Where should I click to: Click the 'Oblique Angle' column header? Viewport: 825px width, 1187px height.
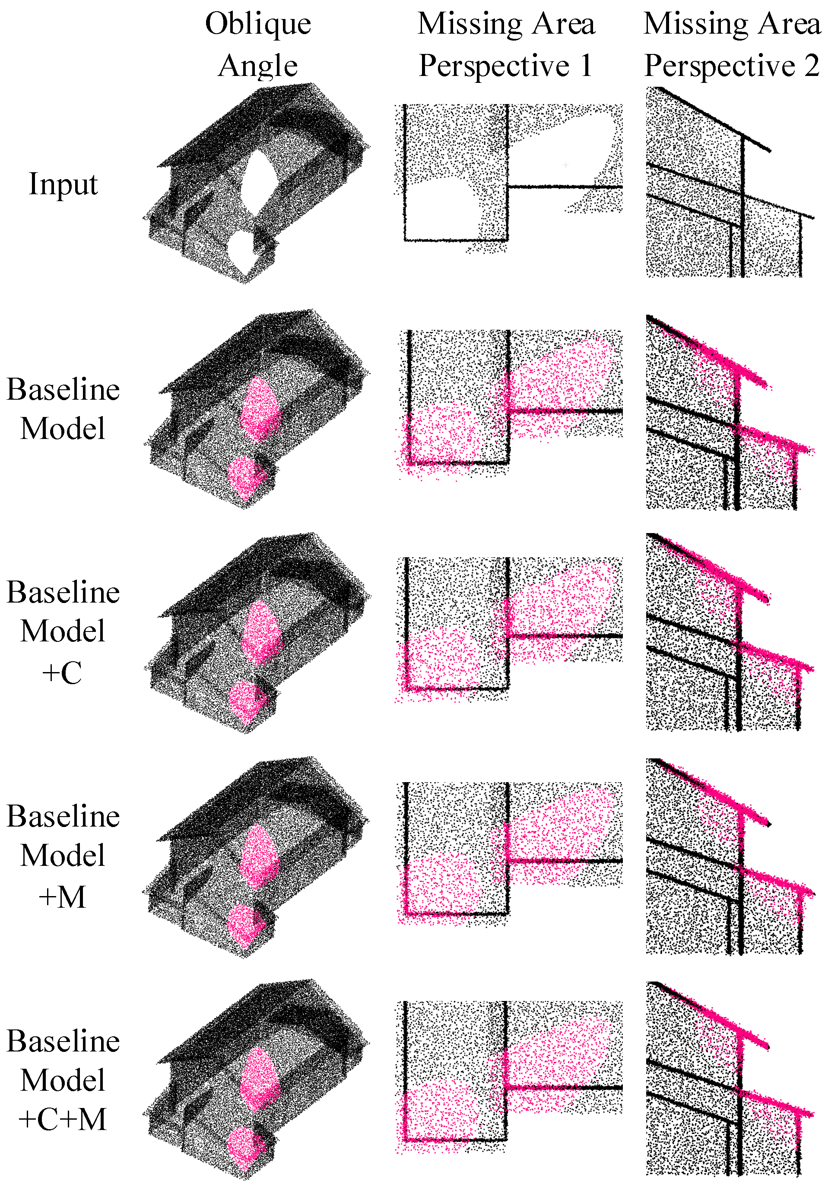point(258,44)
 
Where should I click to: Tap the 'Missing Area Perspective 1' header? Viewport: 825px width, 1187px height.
point(506,44)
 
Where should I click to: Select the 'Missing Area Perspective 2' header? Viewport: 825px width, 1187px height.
point(731,44)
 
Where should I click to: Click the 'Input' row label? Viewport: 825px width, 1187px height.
point(63,184)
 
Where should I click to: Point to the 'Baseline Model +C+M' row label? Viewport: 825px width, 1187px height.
point(63,1079)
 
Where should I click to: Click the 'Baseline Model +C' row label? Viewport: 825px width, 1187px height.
point(63,631)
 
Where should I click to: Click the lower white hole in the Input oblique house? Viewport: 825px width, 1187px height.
point(242,252)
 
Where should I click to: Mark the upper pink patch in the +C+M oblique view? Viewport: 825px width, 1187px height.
point(260,1080)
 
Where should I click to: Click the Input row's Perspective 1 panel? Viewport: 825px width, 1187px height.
point(509,178)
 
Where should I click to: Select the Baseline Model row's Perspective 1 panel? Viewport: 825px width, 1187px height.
point(510,404)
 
